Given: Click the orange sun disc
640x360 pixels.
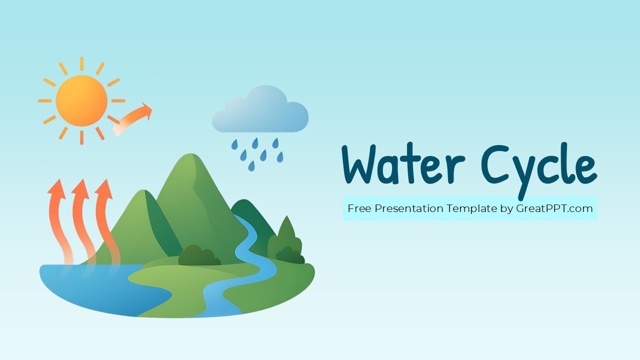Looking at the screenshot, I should tap(81, 101).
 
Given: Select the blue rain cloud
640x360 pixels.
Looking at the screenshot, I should tap(260, 111).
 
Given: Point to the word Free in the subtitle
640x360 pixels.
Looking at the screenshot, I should tap(358, 208).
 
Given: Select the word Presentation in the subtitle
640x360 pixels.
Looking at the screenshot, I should tap(408, 208).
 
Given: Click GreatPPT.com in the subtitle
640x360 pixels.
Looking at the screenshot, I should tap(554, 208).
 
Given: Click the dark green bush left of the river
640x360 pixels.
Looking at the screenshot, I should tap(199, 255).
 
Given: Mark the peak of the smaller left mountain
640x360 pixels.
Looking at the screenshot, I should tap(143, 192).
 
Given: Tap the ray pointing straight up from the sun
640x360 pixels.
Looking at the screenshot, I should tap(81, 63).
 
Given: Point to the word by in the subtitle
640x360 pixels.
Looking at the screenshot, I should tap(506, 208).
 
